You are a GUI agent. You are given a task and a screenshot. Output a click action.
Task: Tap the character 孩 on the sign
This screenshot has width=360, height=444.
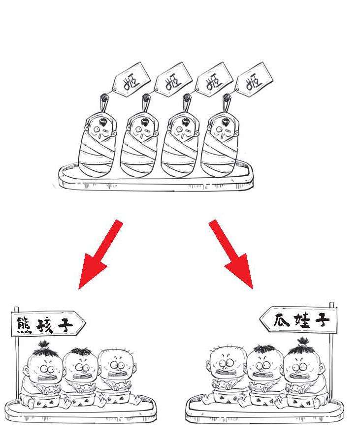[x=45, y=324]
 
